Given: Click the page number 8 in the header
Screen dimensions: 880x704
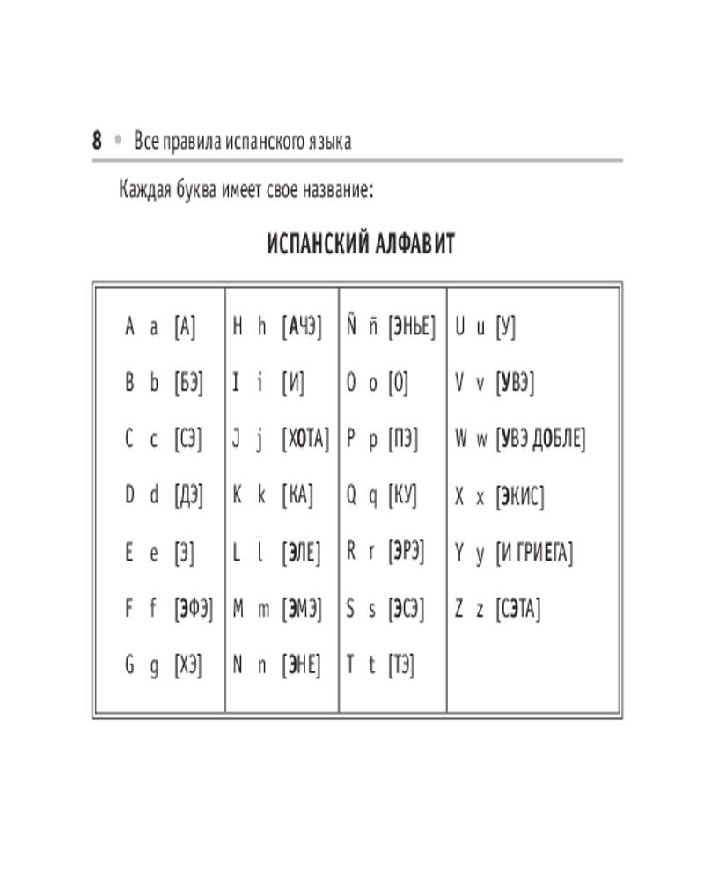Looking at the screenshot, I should click(97, 141).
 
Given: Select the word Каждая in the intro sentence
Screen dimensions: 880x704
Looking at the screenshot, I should click(146, 190).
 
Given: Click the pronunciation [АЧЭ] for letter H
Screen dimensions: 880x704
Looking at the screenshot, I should click(302, 327).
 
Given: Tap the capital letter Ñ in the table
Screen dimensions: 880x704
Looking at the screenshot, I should click(351, 326).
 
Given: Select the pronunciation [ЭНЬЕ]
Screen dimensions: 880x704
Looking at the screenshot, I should click(412, 327).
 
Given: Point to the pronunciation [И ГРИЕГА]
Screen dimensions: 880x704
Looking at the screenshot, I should click(534, 554).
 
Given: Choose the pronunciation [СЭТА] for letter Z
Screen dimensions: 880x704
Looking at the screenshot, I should click(518, 609).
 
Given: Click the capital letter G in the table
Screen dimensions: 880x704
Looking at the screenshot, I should click(129, 665).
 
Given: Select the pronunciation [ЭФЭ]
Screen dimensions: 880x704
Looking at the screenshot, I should click(194, 609).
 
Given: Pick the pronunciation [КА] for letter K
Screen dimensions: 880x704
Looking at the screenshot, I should click(297, 496).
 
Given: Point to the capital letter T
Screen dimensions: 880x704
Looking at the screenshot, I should click(350, 665).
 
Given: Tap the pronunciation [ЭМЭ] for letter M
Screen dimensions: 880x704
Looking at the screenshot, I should click(302, 609).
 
